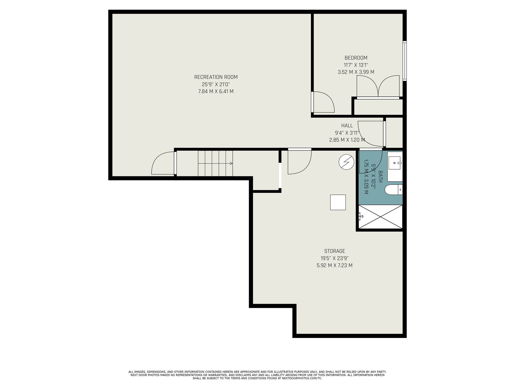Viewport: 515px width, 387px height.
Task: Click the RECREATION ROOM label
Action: pos(216,77)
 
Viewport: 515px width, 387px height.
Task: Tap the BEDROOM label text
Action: pos(356,58)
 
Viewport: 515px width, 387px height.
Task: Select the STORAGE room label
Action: pos(334,251)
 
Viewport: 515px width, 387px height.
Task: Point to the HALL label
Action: pos(347,126)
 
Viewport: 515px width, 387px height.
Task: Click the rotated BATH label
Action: pos(380,176)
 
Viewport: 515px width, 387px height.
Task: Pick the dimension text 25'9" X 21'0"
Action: pos(216,84)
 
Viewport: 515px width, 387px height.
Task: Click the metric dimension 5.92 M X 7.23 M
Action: pos(334,265)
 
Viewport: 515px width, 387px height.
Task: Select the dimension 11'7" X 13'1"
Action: pos(356,65)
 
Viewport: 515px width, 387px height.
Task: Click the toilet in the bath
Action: pos(394,190)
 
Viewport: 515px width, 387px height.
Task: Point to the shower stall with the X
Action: pos(380,216)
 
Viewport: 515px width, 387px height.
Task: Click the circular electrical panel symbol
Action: pos(346,162)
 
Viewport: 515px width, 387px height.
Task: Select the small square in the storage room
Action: pos(338,202)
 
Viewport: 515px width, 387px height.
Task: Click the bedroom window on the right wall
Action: pos(405,61)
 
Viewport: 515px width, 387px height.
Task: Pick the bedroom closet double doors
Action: pos(378,86)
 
